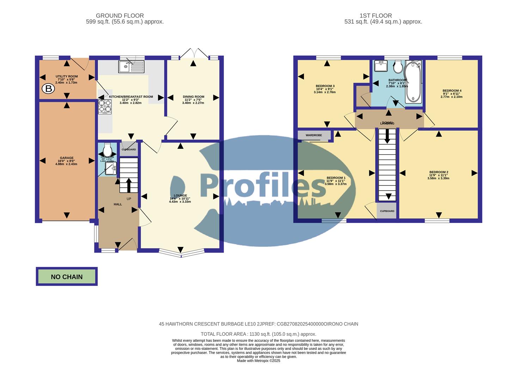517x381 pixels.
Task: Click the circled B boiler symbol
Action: coord(49,89)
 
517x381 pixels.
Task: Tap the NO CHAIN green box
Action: coord(67,277)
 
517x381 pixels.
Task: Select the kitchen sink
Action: coord(131,66)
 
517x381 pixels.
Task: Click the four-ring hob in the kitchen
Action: coord(105,107)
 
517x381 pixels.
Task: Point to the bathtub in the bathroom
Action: coord(413,81)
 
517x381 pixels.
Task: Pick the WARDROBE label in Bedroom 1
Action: coord(314,135)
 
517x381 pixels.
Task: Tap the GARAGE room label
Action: coord(67,158)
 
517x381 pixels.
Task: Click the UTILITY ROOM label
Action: coord(67,77)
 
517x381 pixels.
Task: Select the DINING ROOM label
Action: coord(193,97)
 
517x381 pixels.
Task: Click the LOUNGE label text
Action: coord(180,195)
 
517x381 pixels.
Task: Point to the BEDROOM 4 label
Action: coord(452,91)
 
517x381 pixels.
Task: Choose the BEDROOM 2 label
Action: coord(439,172)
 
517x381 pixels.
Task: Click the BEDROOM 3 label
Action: coord(325,86)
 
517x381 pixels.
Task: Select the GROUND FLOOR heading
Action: coord(120,16)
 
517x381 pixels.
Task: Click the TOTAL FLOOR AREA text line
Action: coord(258,334)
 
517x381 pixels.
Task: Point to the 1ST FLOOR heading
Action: coord(376,16)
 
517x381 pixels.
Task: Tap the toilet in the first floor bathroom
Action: coord(398,66)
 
